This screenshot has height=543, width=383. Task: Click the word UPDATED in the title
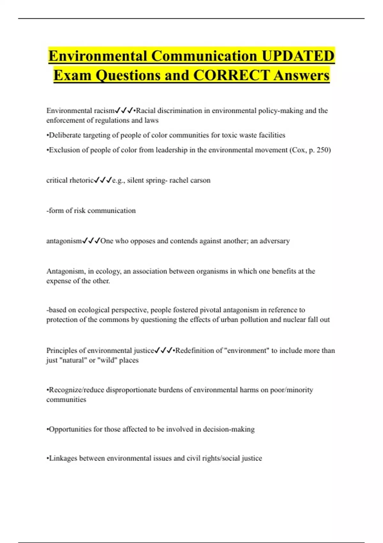pos(298,56)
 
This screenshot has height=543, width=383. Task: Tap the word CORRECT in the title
pos(231,75)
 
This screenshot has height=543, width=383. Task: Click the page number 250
pos(322,150)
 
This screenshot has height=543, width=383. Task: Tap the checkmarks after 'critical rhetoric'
pos(103,180)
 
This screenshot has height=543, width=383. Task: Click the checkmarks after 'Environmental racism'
pos(124,111)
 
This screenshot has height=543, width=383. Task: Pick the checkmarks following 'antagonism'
pos(91,241)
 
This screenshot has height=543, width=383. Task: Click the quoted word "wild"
pos(107,360)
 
